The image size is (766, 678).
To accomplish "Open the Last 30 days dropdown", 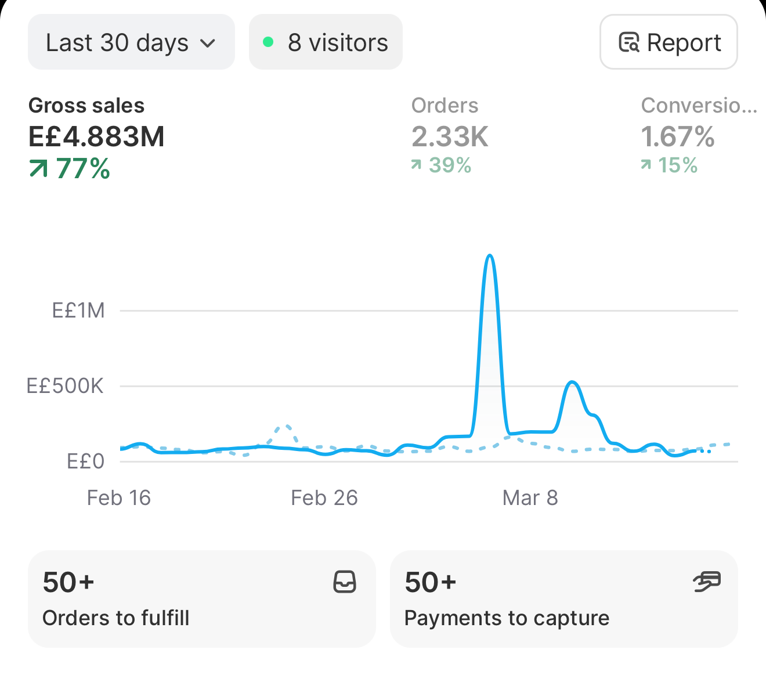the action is [x=131, y=42].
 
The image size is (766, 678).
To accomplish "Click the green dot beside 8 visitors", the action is [x=268, y=42].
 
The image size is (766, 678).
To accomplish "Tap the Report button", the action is [x=669, y=42].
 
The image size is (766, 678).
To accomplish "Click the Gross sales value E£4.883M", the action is [x=96, y=136].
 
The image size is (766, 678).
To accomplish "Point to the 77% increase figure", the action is [x=70, y=168].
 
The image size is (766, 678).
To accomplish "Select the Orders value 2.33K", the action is [x=450, y=136].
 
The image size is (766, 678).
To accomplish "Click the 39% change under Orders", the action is [x=441, y=165].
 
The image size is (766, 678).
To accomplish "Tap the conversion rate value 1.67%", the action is [x=678, y=136].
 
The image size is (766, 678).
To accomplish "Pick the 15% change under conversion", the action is [x=669, y=165].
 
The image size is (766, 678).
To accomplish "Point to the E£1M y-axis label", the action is [x=78, y=311].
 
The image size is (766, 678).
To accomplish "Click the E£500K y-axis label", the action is [x=65, y=386].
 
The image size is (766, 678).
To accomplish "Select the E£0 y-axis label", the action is [x=85, y=461].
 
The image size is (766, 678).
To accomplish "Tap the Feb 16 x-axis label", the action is [x=119, y=497].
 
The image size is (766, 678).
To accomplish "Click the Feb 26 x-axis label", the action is [x=324, y=497].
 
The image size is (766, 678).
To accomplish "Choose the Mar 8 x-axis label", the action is [x=530, y=497].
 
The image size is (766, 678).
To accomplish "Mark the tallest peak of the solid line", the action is [x=490, y=255].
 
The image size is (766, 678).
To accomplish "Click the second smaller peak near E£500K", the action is [x=572, y=383].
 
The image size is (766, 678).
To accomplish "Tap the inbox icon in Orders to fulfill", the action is [x=345, y=582].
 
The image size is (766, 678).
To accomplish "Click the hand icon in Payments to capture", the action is [x=707, y=582].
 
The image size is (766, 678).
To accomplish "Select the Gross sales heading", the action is [x=86, y=106].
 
